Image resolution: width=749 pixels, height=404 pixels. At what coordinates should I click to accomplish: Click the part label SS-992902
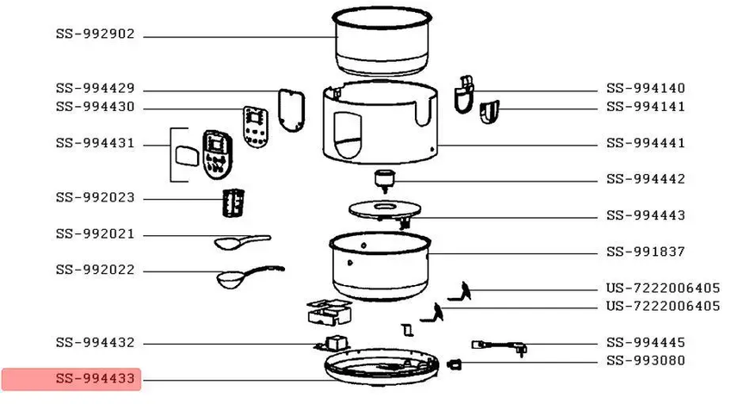pos(95,34)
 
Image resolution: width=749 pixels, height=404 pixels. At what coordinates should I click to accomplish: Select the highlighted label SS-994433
pos(95,379)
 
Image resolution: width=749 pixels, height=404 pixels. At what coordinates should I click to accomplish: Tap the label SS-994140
pos(646,89)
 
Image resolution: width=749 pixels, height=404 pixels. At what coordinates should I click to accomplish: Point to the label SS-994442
pos(646,179)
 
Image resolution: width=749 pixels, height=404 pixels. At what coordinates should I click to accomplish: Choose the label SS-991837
pos(646,252)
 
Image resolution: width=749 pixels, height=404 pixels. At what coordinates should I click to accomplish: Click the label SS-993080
pos(646,360)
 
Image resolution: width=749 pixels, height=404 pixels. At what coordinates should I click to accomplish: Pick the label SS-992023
pos(95,197)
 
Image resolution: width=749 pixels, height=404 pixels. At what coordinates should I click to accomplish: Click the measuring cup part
pos(233,202)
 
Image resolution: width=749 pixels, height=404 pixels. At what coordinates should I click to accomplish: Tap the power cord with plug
pos(499,347)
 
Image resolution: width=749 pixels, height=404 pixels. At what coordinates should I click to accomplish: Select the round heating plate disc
pos(385,211)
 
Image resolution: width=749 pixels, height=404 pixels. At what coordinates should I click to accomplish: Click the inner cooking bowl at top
pos(382,40)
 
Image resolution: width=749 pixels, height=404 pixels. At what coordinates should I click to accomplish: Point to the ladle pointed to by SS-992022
pos(250,277)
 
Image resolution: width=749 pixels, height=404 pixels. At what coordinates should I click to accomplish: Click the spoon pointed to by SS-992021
pos(242,241)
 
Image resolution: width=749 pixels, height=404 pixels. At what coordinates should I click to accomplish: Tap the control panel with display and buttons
pos(217,154)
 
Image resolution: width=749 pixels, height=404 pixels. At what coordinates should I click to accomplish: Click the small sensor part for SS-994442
pos(385,180)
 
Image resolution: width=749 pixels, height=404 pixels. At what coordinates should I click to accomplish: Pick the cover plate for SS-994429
pos(291,110)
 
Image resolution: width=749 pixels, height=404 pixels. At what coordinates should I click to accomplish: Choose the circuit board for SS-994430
pos(256,127)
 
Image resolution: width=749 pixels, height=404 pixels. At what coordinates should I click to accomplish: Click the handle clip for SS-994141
pos(490,112)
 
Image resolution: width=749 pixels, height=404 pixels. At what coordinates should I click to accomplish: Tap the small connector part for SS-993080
pos(455,364)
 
